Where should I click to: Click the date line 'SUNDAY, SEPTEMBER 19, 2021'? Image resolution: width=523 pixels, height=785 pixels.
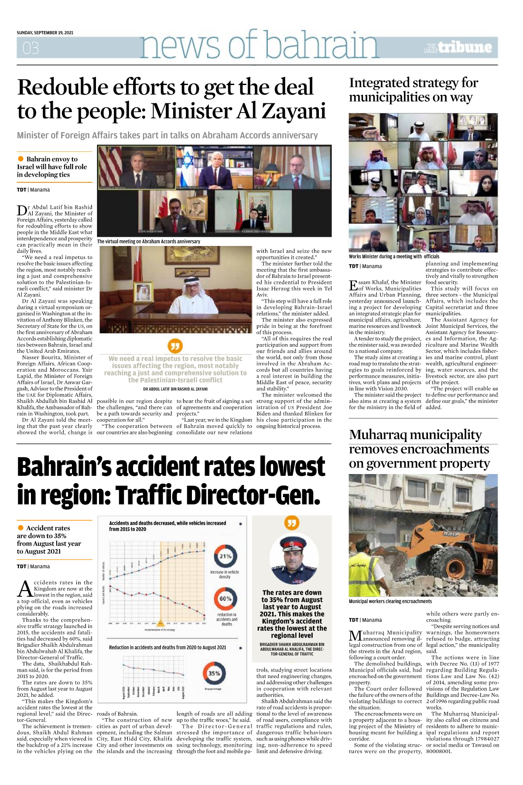click(x=45, y=33)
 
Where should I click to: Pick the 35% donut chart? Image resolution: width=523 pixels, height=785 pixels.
click(x=214, y=673)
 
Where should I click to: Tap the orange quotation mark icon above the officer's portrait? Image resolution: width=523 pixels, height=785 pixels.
click(x=292, y=523)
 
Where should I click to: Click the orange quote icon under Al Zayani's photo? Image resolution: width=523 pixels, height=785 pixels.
click(x=175, y=346)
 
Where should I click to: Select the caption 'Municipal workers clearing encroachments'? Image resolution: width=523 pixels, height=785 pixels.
click(x=390, y=601)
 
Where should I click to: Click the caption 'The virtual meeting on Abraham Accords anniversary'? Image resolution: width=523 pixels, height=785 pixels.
click(x=148, y=241)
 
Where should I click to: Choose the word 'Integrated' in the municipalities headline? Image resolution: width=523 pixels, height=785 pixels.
click(x=385, y=83)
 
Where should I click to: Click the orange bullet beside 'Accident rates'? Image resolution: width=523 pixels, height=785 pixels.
click(x=21, y=528)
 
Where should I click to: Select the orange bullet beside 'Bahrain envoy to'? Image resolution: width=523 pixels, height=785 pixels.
click(x=21, y=159)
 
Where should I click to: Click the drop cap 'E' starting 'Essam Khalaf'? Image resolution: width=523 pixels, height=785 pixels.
click(x=353, y=285)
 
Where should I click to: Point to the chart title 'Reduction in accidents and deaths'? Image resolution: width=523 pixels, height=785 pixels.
click(x=167, y=647)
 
